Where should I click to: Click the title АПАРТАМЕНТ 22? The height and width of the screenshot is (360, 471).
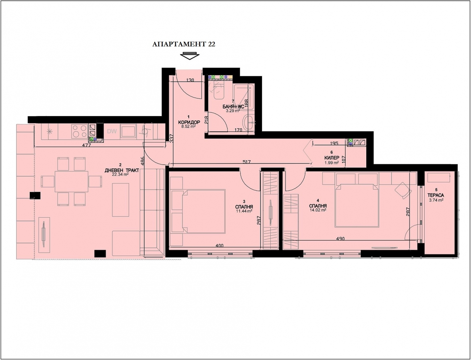click(x=184, y=44)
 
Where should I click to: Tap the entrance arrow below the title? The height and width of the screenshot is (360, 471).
click(x=190, y=56)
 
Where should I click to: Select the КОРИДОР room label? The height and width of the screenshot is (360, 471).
click(x=189, y=123)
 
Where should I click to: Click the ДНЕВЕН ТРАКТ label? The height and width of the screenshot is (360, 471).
click(x=122, y=170)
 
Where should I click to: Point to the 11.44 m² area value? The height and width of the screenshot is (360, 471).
click(x=244, y=211)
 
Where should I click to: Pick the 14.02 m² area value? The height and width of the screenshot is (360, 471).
click(x=318, y=210)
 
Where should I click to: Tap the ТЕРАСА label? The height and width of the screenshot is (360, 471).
click(x=435, y=195)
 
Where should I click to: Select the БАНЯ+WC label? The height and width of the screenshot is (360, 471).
click(x=233, y=107)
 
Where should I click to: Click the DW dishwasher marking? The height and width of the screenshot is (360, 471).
click(x=112, y=131)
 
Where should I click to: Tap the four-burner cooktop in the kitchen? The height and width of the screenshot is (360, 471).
click(x=80, y=131)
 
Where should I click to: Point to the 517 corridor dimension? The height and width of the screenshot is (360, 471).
click(x=247, y=162)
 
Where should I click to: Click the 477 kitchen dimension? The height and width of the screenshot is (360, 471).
click(x=87, y=145)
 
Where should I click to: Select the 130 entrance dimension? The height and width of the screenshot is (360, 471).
click(x=190, y=80)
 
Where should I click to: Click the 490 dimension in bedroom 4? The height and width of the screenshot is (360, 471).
click(x=340, y=239)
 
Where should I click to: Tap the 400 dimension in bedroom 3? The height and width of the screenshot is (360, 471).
click(x=219, y=245)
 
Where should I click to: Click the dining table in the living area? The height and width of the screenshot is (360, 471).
click(x=71, y=182)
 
